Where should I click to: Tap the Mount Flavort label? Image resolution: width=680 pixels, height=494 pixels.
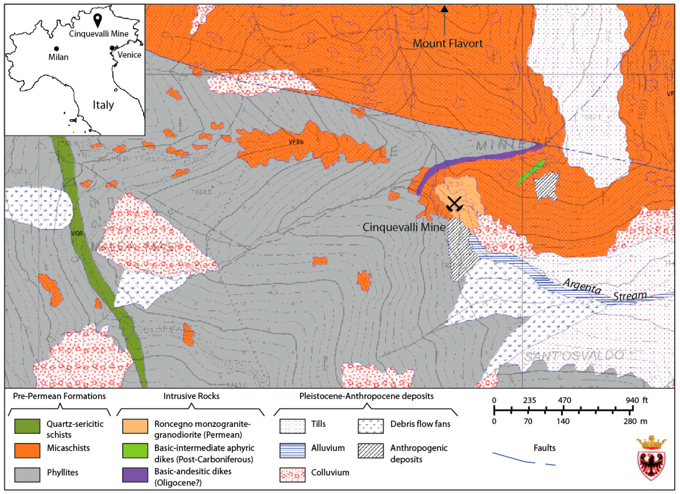click(448, 44)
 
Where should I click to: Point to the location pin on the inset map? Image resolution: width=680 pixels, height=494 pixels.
click(97, 20)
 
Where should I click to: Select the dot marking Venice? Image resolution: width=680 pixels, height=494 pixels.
click(112, 48)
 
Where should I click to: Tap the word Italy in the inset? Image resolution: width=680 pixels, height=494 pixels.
click(103, 105)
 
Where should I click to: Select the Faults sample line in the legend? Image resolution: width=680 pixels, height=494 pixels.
click(523, 459)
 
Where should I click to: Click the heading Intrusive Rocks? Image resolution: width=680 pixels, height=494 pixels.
click(191, 396)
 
